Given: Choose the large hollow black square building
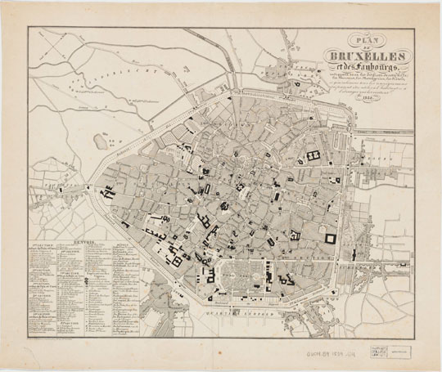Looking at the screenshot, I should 330,238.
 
